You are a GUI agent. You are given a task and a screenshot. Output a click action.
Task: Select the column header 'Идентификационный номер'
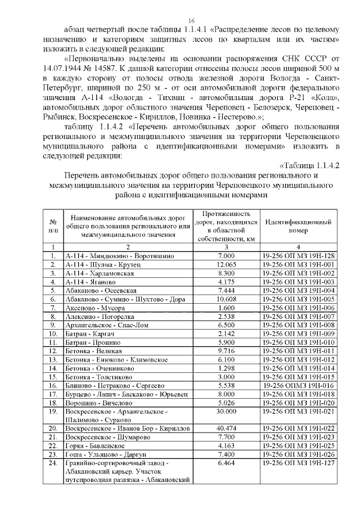tap(298, 226)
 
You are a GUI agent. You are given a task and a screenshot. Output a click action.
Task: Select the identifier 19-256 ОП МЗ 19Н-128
tap(298, 256)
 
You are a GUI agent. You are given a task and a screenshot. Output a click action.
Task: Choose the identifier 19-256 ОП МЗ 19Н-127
tap(298, 462)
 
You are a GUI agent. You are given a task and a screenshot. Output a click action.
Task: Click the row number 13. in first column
tap(52, 359)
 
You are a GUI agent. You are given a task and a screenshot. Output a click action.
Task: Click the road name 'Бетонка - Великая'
tap(93, 351)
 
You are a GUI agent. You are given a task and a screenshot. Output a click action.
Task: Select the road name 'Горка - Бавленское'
tap(94, 445)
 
